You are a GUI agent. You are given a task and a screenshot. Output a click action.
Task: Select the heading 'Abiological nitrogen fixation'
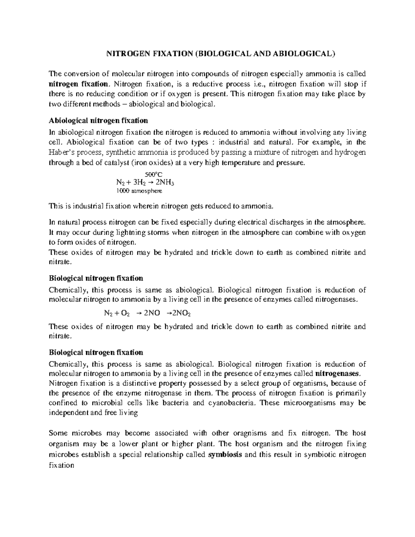coord(98,121)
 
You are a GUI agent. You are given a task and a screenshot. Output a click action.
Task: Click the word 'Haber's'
coord(63,153)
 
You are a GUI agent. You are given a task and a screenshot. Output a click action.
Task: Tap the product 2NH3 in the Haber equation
coord(168,183)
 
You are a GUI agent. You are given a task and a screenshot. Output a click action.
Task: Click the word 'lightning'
coord(113,232)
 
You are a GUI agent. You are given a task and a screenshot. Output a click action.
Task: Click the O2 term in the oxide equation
coord(126,313)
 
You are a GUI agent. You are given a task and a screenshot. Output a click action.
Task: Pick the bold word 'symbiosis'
coord(225,455)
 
